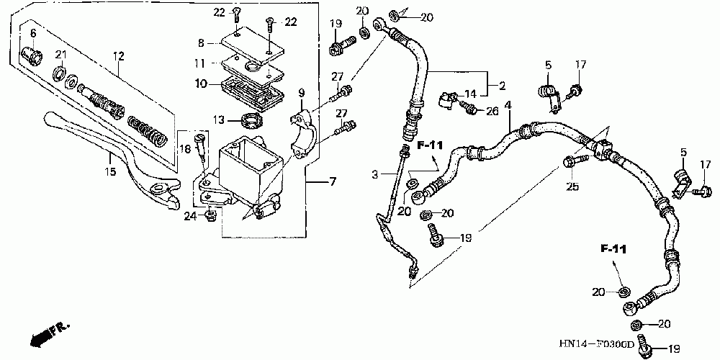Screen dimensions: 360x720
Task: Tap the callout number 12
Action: (x=119, y=55)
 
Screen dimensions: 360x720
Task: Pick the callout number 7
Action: (x=333, y=181)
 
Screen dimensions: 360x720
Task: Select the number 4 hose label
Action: (x=508, y=106)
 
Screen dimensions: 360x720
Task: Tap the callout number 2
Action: (x=502, y=86)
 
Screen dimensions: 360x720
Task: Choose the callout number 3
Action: (x=375, y=174)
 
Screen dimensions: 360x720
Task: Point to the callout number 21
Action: (x=61, y=55)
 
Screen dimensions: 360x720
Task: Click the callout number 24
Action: (x=189, y=215)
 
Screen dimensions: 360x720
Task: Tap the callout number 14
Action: (x=470, y=94)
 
